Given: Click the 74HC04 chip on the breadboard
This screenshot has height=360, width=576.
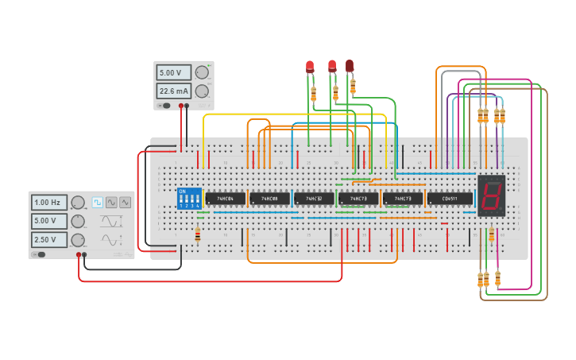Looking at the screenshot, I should pyautogui.click(x=225, y=198).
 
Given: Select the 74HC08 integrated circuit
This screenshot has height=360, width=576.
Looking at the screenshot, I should pyautogui.click(x=269, y=198).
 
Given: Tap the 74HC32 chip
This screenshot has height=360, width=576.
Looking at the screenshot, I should pyautogui.click(x=314, y=198).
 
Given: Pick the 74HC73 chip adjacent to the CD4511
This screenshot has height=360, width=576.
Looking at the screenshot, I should pyautogui.click(x=403, y=198).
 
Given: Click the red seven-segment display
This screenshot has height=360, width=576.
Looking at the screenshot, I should pyautogui.click(x=491, y=195).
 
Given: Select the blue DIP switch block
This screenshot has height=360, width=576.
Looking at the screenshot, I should pyautogui.click(x=189, y=199).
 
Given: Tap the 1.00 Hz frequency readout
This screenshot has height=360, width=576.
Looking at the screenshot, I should pyautogui.click(x=49, y=203).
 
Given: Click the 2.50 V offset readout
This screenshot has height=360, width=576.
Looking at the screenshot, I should pyautogui.click(x=49, y=239).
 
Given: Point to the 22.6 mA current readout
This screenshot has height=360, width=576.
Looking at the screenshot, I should pyautogui.click(x=173, y=91).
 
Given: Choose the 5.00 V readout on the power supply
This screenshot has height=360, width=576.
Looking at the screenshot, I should pyautogui.click(x=173, y=72).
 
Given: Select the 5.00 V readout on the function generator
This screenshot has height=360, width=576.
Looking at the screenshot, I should pyautogui.click(x=49, y=221).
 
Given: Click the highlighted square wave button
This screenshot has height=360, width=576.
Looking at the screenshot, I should pyautogui.click(x=98, y=203).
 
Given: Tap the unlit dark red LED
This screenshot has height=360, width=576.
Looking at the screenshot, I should pyautogui.click(x=350, y=66).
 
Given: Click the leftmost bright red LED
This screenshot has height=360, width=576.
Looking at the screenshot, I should pyautogui.click(x=310, y=67).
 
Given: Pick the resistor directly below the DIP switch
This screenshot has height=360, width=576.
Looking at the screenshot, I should pyautogui.click(x=198, y=234).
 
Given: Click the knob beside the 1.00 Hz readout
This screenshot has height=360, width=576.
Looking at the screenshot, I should pyautogui.click(x=78, y=203).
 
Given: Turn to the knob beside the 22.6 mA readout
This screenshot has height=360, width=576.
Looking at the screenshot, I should pyautogui.click(x=202, y=91).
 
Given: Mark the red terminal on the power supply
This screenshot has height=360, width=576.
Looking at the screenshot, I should pyautogui.click(x=181, y=106).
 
